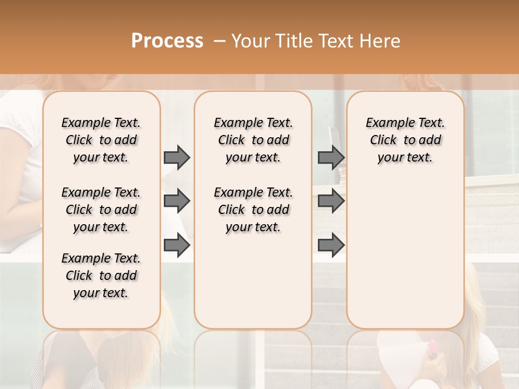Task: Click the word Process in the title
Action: click(167, 41)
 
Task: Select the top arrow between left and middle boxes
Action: click(177, 157)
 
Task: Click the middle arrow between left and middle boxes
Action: click(177, 202)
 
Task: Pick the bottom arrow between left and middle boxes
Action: click(177, 245)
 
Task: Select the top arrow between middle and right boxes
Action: click(331, 157)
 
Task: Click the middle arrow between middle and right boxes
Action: click(331, 202)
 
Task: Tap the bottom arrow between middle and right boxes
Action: click(331, 245)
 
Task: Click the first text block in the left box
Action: click(101, 140)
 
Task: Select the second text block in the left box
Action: click(101, 210)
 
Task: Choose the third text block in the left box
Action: click(101, 276)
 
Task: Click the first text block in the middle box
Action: click(253, 140)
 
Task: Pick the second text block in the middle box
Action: click(253, 210)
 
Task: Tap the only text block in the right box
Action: click(405, 140)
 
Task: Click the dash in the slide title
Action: click(219, 41)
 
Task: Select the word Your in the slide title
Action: click(251, 41)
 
